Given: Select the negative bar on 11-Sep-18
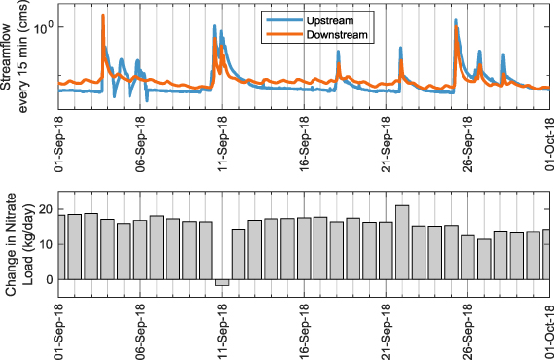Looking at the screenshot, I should (222, 282).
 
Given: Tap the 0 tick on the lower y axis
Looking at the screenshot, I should (49, 280).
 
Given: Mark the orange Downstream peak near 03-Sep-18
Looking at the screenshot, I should (103, 17).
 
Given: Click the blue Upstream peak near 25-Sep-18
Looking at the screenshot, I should (456, 21).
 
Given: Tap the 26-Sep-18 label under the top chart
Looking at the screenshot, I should (467, 142).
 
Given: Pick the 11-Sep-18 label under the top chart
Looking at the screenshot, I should (221, 142).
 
